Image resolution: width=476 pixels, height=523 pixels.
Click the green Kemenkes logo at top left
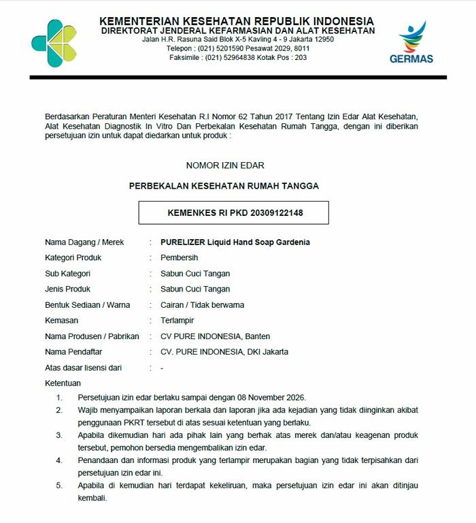point(54,42)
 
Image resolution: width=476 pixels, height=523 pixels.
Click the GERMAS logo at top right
point(411,42)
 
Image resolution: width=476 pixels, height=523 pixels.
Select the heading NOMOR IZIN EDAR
point(225,165)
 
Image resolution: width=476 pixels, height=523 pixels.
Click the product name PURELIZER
point(184,242)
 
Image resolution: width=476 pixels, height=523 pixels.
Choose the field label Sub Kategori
point(67,273)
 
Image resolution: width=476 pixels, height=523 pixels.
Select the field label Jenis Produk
point(68,289)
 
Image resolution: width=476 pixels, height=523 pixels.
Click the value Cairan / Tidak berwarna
point(202,304)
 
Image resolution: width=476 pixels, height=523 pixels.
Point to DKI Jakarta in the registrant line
point(266,352)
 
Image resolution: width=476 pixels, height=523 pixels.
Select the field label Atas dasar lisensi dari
point(83,368)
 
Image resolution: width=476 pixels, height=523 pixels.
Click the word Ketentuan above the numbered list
point(63,383)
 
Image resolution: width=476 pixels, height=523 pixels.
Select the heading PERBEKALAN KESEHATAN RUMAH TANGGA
point(224,185)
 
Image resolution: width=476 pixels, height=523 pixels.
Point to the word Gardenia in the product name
point(292,242)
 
